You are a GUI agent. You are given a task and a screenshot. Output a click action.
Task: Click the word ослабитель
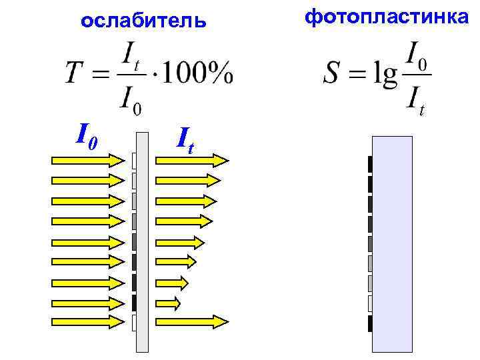click(143, 21)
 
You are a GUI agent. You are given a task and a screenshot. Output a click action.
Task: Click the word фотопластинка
click(387, 17)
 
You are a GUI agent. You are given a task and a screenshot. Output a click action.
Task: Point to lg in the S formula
click(385, 74)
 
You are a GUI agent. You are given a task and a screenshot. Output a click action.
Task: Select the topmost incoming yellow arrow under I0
click(87, 160)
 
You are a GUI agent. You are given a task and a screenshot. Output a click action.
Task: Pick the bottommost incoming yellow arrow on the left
click(87, 321)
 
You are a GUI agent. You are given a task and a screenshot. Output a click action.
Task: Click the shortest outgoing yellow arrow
click(168, 303)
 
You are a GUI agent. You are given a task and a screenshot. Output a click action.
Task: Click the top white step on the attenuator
click(134, 161)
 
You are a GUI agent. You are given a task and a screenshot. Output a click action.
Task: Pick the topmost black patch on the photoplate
click(369, 164)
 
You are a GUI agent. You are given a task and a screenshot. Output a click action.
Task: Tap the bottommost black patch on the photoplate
click(369, 324)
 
